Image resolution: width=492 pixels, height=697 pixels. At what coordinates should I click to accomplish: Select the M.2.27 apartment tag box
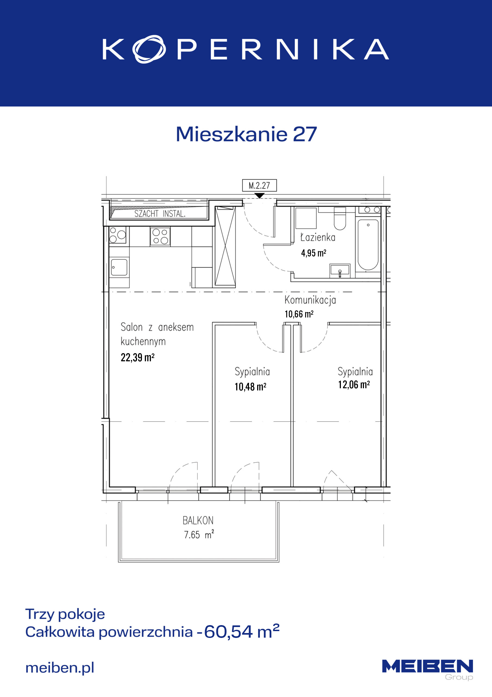[259, 185]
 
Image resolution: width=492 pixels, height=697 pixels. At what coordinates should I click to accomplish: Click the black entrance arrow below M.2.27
[260, 196]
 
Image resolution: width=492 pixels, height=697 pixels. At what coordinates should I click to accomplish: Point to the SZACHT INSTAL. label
[160, 214]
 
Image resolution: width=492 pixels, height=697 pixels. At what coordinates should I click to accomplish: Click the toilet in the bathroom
[340, 219]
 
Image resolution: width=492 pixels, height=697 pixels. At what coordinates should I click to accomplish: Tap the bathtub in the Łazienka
[368, 245]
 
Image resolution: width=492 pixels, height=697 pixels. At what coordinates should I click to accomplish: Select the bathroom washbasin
[340, 270]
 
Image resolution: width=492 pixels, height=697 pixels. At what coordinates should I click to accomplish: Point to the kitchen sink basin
[119, 267]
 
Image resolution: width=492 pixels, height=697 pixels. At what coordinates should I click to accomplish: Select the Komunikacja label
[310, 300]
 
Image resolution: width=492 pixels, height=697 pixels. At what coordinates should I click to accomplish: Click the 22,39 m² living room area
[138, 357]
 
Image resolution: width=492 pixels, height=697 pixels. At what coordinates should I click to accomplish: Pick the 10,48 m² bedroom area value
[250, 386]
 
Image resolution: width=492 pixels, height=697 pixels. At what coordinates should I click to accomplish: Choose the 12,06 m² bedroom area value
[354, 385]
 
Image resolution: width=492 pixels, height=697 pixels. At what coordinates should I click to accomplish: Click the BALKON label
[198, 521]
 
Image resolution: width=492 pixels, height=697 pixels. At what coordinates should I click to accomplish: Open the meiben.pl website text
[60, 668]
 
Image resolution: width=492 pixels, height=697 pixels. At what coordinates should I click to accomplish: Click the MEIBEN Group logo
[427, 670]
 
